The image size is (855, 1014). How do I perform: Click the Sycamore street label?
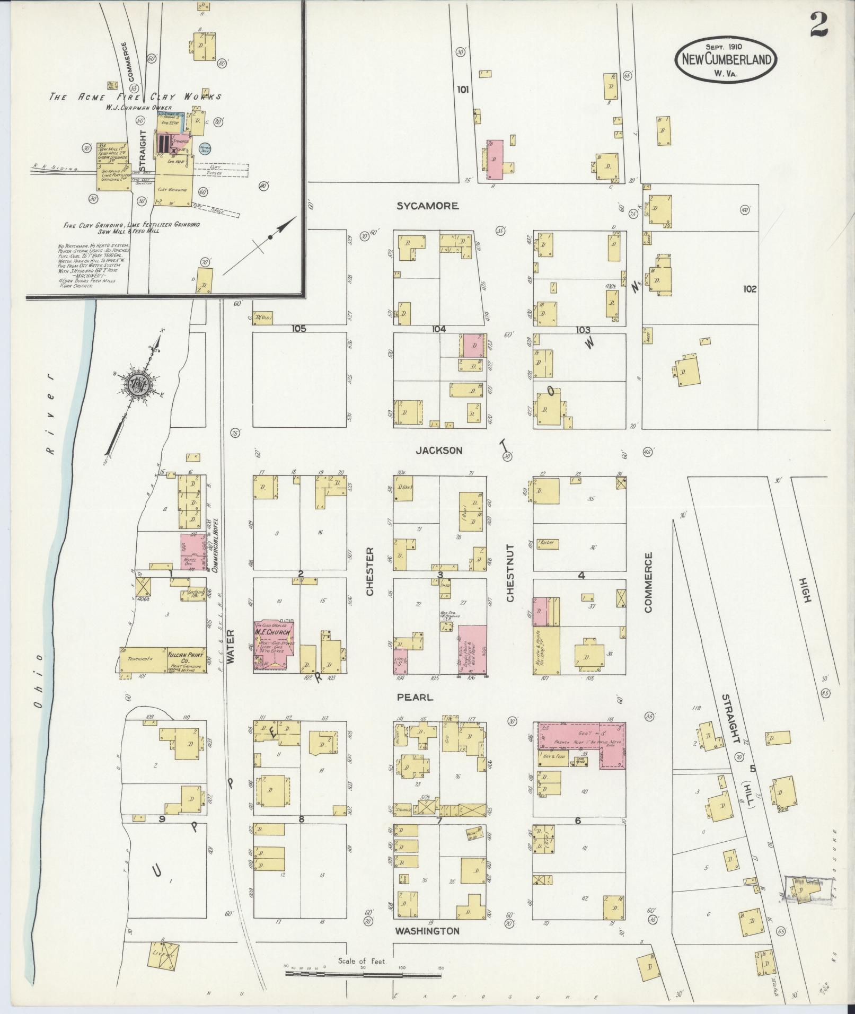[427, 206]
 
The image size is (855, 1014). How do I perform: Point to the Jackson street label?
[439, 451]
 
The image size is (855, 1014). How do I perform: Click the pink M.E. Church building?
[274, 643]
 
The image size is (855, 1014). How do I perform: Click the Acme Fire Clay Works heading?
[135, 97]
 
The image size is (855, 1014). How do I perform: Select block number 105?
[299, 329]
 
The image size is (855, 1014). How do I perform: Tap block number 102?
[750, 289]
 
